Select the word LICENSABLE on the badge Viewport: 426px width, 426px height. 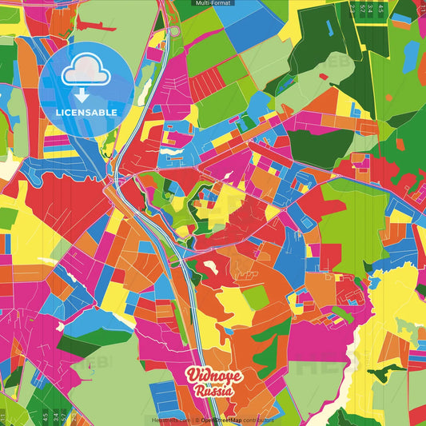(x=86, y=112)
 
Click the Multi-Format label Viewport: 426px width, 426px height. (x=213, y=4)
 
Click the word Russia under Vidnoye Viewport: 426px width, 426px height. (x=212, y=392)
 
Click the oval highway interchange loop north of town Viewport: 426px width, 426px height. (x=173, y=32)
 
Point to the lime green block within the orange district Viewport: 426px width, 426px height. (x=255, y=298)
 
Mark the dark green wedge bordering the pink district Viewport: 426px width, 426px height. (x=80, y=344)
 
